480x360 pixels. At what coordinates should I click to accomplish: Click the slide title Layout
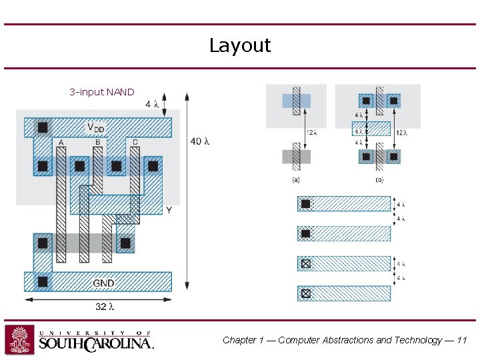tap(240, 45)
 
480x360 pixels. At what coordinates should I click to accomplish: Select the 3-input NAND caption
tap(101, 92)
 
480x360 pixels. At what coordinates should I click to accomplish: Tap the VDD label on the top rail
tap(95, 127)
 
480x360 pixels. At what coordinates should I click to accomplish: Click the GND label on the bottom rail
tap(103, 283)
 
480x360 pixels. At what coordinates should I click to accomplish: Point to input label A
tap(61, 143)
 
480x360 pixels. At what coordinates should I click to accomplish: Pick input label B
tap(97, 143)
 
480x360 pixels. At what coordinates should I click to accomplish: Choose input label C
tap(135, 143)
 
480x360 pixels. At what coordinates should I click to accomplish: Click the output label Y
tap(169, 210)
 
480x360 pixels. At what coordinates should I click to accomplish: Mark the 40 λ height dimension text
tap(200, 141)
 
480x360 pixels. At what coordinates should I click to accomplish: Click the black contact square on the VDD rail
tap(43, 127)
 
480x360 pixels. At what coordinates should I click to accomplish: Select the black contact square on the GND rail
tap(43, 282)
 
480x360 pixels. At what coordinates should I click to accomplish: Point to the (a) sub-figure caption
tap(296, 180)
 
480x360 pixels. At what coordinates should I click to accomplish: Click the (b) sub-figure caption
tap(379, 180)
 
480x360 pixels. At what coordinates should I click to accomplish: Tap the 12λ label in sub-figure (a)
tap(311, 133)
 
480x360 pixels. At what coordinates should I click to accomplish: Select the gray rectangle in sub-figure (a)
tap(296, 157)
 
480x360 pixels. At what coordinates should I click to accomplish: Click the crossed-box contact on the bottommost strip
tap(305, 293)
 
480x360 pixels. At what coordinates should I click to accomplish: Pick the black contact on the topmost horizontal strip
tap(305, 204)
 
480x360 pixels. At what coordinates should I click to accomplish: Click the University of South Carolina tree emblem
tap(19, 339)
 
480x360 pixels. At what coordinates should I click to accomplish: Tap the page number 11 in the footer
tap(462, 340)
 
